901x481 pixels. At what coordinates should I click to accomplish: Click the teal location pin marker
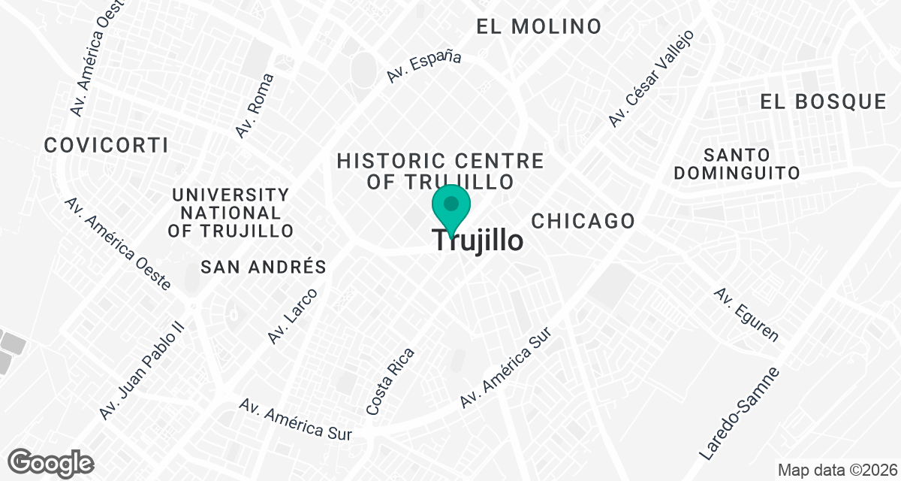(x=451, y=208)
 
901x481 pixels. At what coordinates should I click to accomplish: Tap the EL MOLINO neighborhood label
(x=539, y=26)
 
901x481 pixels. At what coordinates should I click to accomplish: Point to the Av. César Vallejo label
(x=651, y=78)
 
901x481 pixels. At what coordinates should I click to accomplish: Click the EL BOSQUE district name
(x=823, y=102)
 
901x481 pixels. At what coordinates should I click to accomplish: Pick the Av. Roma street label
(x=255, y=106)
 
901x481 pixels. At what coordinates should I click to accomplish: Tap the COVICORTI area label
(x=106, y=145)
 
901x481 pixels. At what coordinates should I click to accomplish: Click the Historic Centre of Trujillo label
(x=440, y=171)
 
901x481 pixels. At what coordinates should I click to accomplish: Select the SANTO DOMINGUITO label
(x=737, y=164)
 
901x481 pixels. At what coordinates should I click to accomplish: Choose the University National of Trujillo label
(x=231, y=213)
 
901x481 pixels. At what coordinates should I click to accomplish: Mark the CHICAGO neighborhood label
(x=583, y=221)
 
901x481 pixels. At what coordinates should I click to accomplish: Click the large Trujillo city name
(x=478, y=241)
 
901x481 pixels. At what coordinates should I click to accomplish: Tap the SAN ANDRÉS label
(x=264, y=267)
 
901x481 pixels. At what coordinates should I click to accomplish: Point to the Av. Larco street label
(x=294, y=316)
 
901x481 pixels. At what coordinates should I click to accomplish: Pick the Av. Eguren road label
(x=746, y=314)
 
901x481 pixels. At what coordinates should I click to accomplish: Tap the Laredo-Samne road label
(x=740, y=415)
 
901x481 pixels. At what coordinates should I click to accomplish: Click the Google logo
(x=51, y=462)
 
